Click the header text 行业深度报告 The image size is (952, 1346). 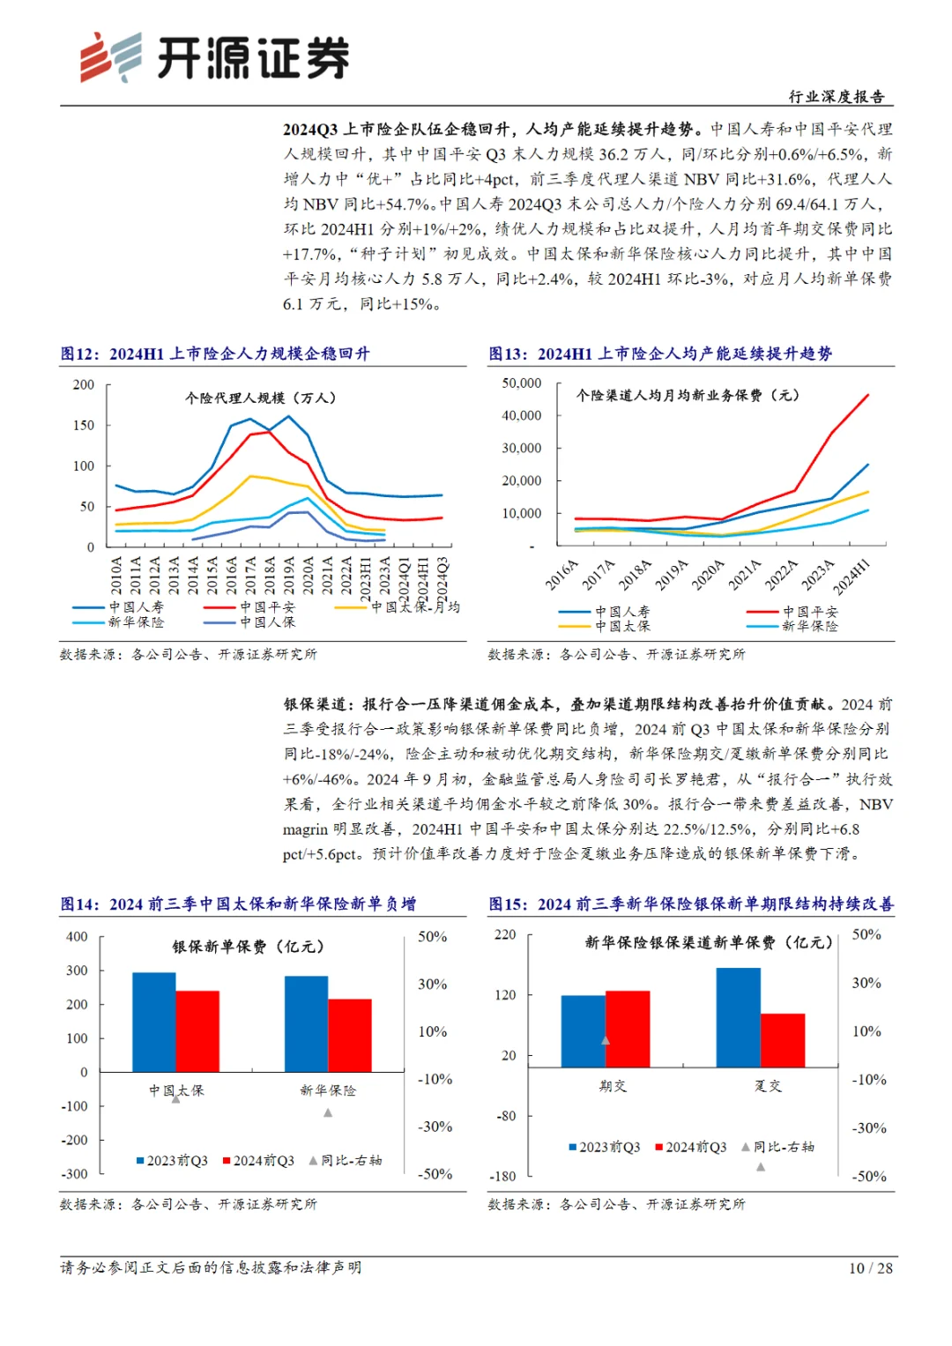click(x=836, y=97)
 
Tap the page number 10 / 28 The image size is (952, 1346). click(x=870, y=1268)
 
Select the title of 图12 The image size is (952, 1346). click(x=215, y=353)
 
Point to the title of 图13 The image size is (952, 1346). click(x=660, y=353)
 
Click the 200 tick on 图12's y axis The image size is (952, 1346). click(x=84, y=384)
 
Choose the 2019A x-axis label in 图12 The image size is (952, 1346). click(x=288, y=574)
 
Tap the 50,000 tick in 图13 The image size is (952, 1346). click(x=522, y=383)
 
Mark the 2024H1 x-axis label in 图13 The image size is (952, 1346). click(x=852, y=577)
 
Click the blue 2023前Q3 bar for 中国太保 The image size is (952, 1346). click(x=154, y=1022)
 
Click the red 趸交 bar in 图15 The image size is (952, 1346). click(x=783, y=1040)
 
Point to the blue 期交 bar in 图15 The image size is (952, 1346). click(x=583, y=1031)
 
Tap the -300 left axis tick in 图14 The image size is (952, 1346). click(x=74, y=1174)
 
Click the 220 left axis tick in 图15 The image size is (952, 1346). click(x=505, y=934)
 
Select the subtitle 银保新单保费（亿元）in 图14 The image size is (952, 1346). click(x=248, y=947)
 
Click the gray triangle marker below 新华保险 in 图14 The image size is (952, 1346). click(x=328, y=1112)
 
